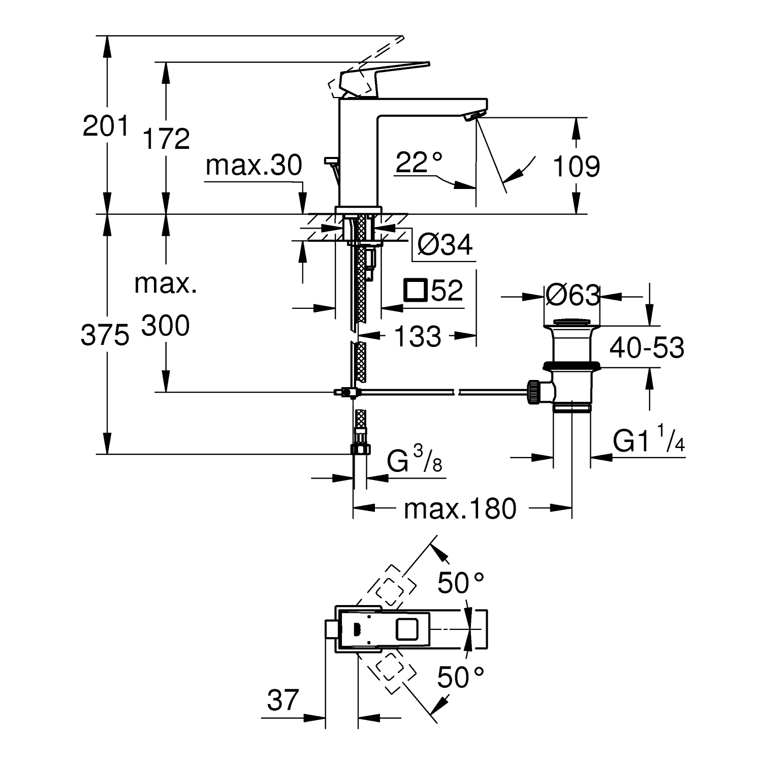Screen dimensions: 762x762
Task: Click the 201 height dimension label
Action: point(106,126)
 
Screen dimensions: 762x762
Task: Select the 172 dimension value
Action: point(166,138)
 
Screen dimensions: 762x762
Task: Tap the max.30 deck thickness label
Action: point(254,166)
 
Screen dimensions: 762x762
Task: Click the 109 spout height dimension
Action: point(576,166)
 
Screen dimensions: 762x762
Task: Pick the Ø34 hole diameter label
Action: point(445,245)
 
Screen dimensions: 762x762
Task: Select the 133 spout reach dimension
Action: point(418,336)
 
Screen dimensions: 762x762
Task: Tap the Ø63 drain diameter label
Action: point(573,295)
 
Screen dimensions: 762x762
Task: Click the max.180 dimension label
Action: point(460,509)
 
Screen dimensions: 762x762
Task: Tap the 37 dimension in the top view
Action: point(283,701)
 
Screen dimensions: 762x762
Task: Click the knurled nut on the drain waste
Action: point(533,392)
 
